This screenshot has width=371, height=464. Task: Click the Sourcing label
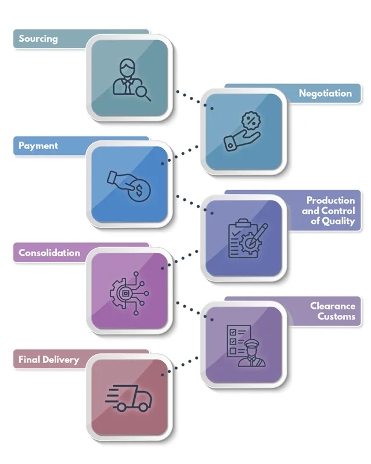38,39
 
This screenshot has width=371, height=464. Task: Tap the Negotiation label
325,93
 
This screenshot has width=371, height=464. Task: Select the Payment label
38,146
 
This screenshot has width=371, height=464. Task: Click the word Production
330,200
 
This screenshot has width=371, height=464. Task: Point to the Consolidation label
49,253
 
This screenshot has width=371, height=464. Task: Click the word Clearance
332,306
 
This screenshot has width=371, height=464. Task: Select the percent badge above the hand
251,121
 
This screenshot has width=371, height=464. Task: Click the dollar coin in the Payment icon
139,190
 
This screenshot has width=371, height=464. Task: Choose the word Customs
336,317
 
